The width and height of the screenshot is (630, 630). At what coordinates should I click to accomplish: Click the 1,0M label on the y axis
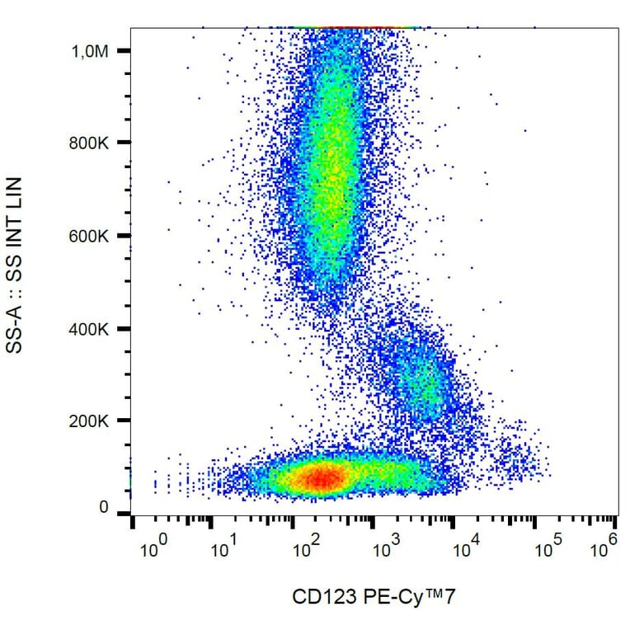pyautogui.click(x=90, y=51)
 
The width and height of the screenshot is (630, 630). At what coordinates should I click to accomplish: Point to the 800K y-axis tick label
pyautogui.click(x=89, y=143)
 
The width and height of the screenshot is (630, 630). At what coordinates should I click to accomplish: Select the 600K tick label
pyautogui.click(x=89, y=236)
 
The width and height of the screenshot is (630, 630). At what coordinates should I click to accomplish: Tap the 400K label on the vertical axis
pyautogui.click(x=89, y=329)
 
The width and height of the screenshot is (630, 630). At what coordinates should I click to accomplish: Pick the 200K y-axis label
pyautogui.click(x=89, y=421)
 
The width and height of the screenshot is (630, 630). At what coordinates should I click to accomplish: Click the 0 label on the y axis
pyautogui.click(x=103, y=508)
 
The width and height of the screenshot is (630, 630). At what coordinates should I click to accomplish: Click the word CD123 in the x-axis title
pyautogui.click(x=317, y=598)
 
